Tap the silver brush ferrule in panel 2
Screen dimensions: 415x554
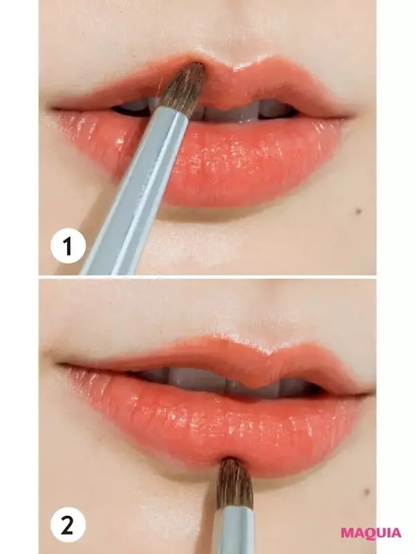coord(234,530)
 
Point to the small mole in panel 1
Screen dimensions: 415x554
coord(358,211)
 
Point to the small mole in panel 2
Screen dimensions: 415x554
coord(367,492)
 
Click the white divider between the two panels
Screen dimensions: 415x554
coord(207,277)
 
